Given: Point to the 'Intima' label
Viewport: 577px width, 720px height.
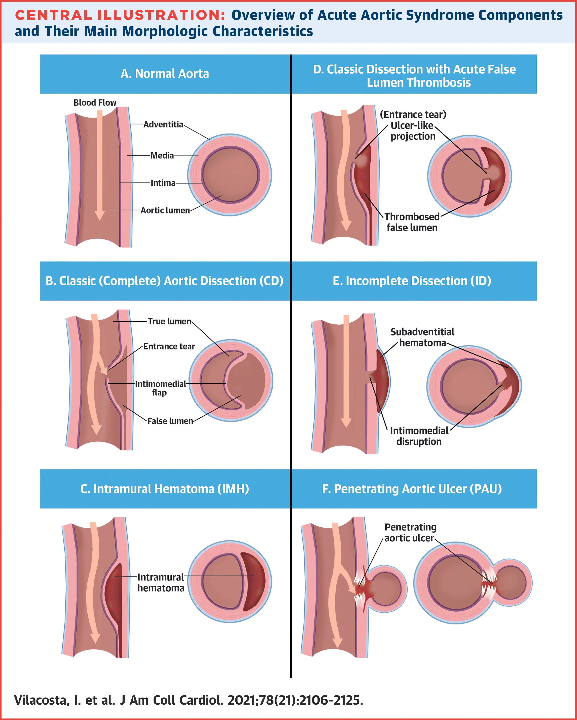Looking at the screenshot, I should [163, 183].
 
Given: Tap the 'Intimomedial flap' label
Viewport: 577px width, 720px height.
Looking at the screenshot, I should [160, 388].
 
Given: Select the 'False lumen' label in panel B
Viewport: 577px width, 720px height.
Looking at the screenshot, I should [170, 421].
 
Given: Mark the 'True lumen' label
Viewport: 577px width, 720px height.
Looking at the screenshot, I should [169, 321].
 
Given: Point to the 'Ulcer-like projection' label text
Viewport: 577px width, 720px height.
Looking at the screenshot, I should [413, 131].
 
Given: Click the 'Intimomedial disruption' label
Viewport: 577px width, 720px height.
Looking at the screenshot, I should [419, 436].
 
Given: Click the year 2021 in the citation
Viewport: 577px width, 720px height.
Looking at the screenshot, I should [241, 700].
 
